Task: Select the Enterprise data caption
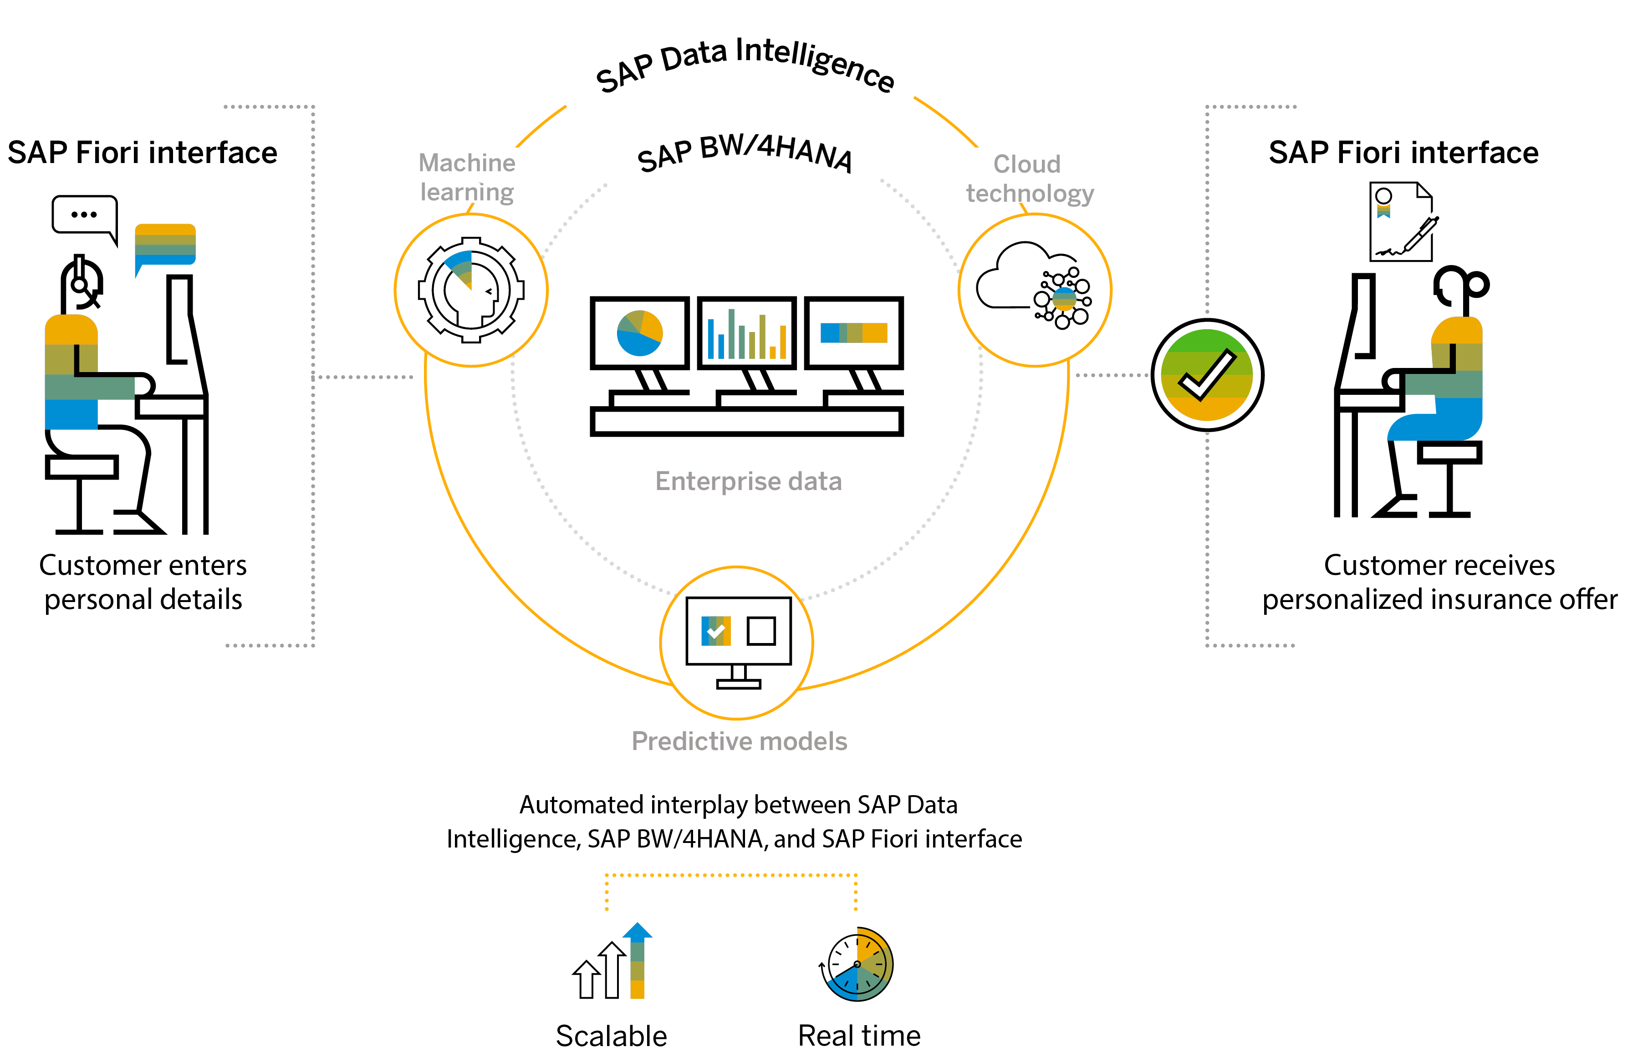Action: (748, 481)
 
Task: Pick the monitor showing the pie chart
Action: (640, 333)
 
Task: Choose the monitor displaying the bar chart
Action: (747, 333)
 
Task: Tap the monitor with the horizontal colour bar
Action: (854, 333)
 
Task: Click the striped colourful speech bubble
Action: (165, 245)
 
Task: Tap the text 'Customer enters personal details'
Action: (143, 582)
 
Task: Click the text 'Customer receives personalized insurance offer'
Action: (1439, 582)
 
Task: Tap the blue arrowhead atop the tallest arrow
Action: (638, 931)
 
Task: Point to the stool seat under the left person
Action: (81, 467)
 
